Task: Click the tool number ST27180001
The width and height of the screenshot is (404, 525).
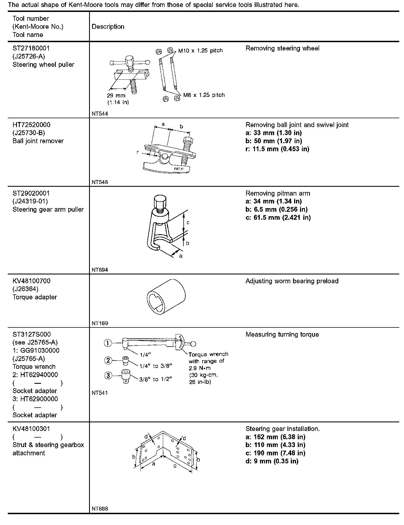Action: (x=31, y=48)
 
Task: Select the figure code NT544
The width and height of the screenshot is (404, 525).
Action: (x=100, y=113)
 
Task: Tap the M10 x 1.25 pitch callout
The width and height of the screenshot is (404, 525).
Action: (x=200, y=51)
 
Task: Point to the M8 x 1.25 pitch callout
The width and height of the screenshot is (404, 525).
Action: (x=204, y=95)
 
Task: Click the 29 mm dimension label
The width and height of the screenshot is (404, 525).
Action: (x=116, y=95)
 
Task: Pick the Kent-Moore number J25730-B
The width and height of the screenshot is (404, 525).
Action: (x=29, y=133)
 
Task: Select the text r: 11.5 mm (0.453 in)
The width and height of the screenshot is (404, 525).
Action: (x=277, y=149)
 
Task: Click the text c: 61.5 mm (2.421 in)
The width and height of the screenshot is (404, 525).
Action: (x=278, y=218)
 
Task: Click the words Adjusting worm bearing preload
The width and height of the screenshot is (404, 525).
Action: (x=292, y=281)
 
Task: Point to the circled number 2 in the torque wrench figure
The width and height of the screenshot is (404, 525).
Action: (x=108, y=361)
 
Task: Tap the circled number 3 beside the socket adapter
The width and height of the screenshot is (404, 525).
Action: (x=108, y=376)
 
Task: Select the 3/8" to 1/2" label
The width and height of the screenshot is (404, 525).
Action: (x=156, y=379)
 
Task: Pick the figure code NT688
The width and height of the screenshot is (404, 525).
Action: (x=100, y=509)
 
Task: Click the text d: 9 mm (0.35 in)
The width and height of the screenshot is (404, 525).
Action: (x=272, y=461)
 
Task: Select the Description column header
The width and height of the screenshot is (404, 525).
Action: (x=108, y=27)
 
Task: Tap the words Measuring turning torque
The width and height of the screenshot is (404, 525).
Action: (x=282, y=335)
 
